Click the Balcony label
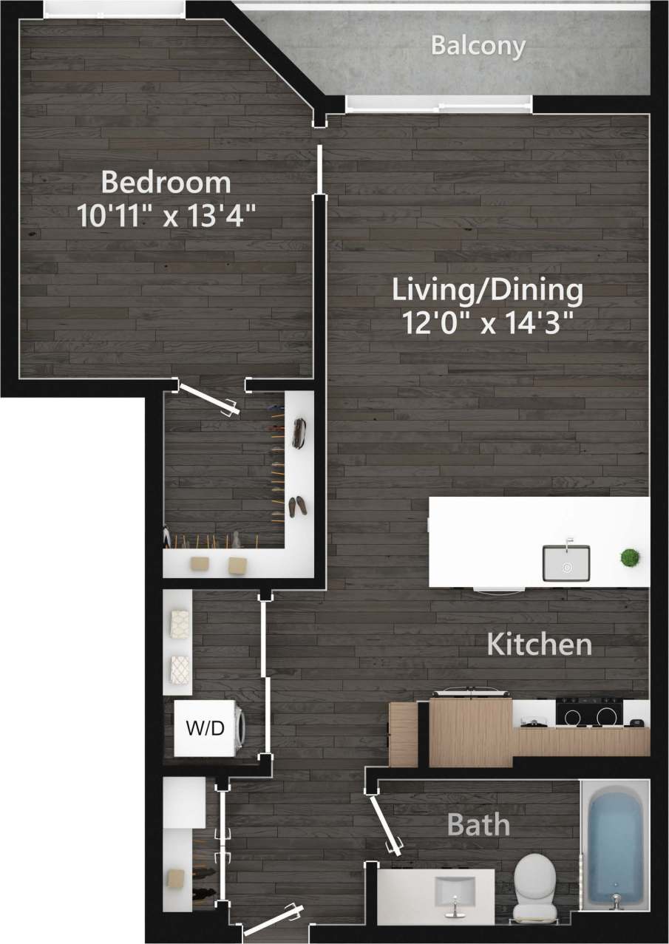478,46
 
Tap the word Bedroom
166,181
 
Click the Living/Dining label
487,290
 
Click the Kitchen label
539,645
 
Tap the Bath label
478,824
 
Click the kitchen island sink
566,563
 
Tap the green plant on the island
631,557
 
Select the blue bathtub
614,843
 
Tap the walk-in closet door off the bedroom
209,399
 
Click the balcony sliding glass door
438,104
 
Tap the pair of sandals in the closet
297,506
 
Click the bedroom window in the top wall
114,8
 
